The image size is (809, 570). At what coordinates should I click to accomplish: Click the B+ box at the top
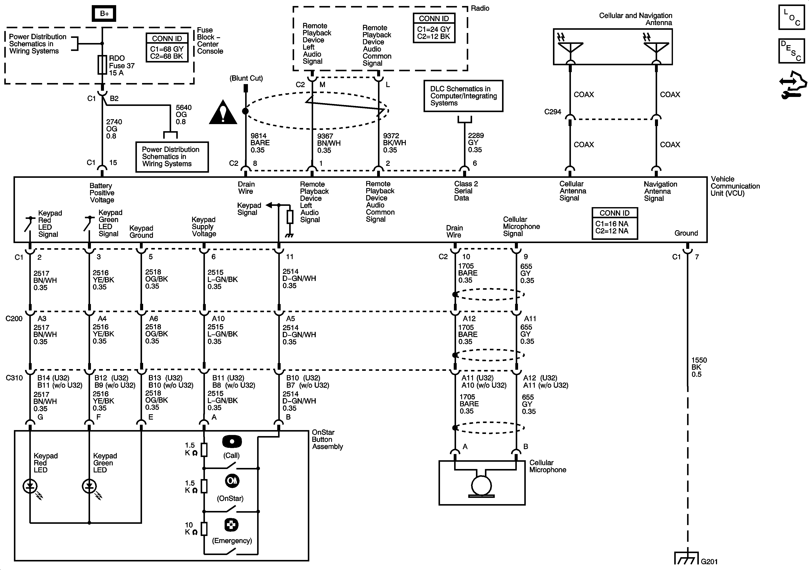coord(104,14)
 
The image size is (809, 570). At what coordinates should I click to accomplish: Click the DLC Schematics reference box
coord(463,96)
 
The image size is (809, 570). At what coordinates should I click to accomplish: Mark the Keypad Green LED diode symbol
coord(89,487)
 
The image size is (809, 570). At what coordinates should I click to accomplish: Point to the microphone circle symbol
coord(481,485)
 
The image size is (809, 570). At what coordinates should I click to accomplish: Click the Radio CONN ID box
coord(434,28)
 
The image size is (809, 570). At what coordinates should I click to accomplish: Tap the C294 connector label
coord(553,112)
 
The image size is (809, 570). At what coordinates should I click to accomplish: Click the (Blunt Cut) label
coord(246,78)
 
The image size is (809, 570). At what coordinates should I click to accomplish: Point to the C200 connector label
coord(14,319)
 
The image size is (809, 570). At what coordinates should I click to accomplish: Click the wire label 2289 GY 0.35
coord(476,143)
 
